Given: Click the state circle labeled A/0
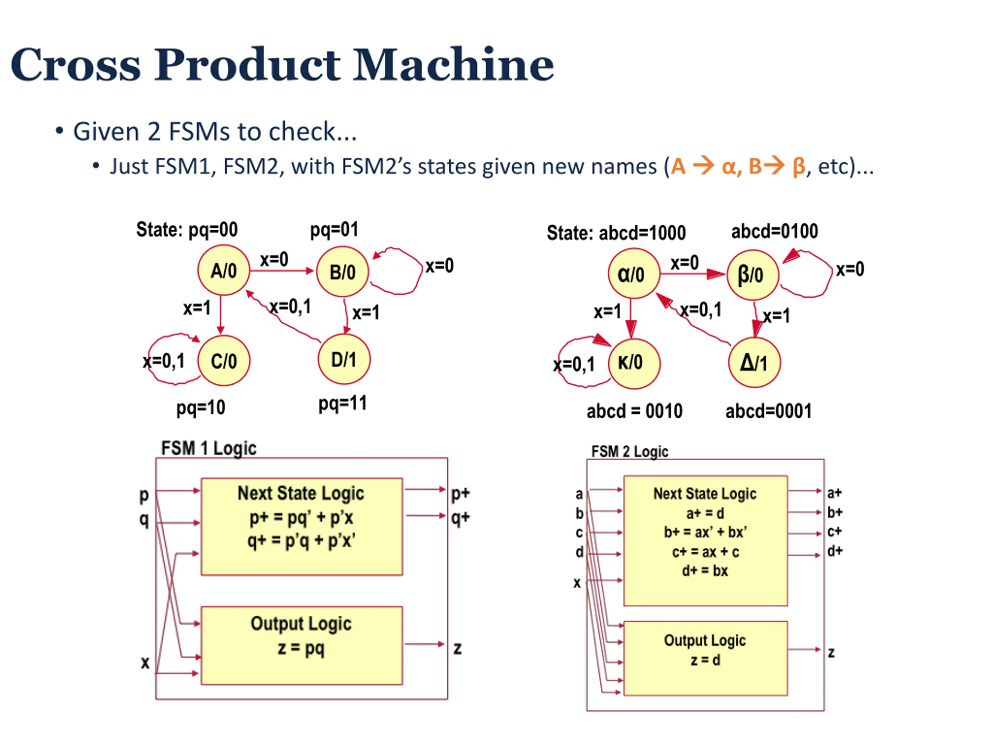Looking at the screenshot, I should click(x=223, y=270).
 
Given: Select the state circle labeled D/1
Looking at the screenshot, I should click(x=344, y=359).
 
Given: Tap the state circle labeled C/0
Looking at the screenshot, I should click(x=223, y=360).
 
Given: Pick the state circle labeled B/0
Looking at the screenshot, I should click(x=343, y=272).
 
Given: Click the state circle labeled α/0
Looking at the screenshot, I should click(x=633, y=274).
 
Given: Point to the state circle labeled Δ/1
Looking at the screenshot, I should click(x=754, y=362).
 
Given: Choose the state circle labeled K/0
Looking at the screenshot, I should click(x=633, y=362).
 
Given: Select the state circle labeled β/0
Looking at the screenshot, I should click(x=753, y=274).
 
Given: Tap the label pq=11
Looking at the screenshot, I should click(x=343, y=403).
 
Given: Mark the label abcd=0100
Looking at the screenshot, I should click(x=774, y=231).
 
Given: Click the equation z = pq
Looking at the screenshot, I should click(x=301, y=648).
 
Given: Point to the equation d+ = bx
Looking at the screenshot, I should click(x=705, y=571).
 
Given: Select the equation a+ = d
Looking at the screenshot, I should click(x=705, y=513).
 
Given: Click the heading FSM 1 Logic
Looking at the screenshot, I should click(x=209, y=448).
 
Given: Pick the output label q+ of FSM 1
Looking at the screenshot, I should click(x=460, y=517).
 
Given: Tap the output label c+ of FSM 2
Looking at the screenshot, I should click(x=834, y=531).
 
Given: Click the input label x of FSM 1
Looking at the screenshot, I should click(x=145, y=662).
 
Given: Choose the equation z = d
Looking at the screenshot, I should click(x=705, y=660).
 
